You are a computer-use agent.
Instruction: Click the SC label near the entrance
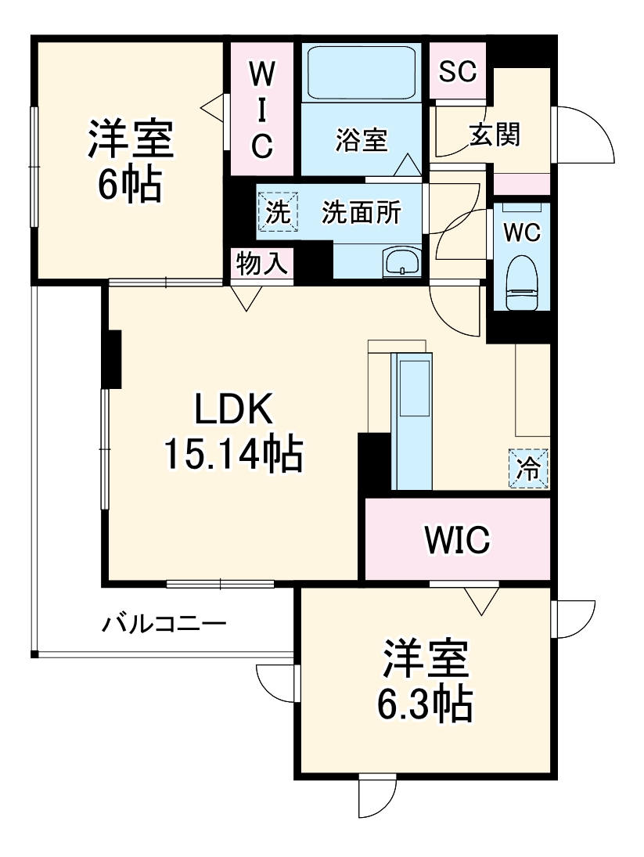click(457, 72)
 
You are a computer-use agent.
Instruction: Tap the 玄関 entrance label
click(495, 135)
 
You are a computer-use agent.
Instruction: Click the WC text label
click(521, 232)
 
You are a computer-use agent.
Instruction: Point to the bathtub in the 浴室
click(361, 72)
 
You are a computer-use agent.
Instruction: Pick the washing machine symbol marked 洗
click(278, 212)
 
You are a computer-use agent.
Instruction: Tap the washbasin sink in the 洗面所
click(402, 261)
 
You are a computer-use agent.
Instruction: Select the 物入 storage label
click(262, 265)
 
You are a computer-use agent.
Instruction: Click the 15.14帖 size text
click(233, 454)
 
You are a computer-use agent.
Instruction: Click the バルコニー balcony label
click(164, 625)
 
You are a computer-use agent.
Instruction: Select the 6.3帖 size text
click(425, 706)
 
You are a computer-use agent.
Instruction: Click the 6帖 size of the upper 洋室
click(130, 185)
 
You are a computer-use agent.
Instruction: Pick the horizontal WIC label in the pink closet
click(457, 538)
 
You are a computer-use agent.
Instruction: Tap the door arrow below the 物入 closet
click(247, 298)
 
